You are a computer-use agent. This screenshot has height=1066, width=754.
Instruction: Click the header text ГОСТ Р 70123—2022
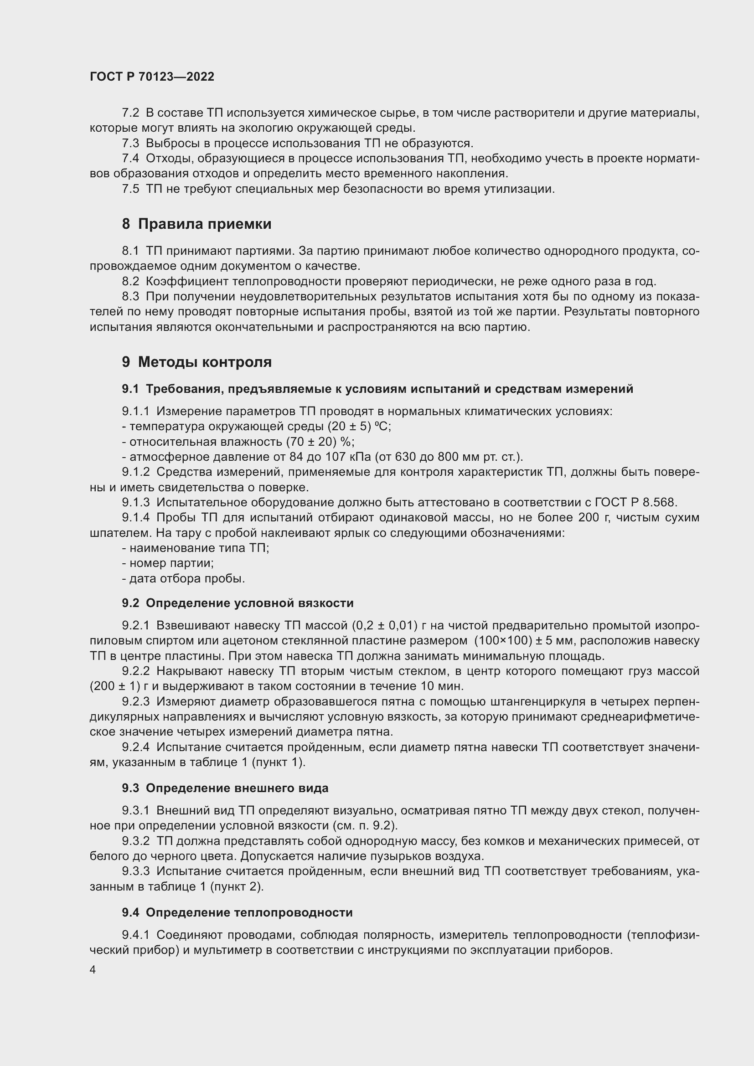152,77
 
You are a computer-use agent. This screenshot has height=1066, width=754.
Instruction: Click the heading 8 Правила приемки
196,224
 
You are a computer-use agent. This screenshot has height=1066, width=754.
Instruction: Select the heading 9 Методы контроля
196,362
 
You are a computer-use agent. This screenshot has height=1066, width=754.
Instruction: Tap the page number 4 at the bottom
93,970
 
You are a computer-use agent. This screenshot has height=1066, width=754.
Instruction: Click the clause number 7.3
130,144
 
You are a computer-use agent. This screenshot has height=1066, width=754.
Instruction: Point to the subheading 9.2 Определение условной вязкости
238,603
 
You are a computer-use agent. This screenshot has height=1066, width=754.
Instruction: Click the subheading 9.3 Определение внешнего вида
225,788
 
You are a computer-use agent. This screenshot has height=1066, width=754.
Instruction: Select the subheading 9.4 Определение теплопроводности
237,912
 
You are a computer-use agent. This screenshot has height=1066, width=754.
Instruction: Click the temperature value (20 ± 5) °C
359,426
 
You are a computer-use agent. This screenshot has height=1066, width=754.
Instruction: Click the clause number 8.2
130,281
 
